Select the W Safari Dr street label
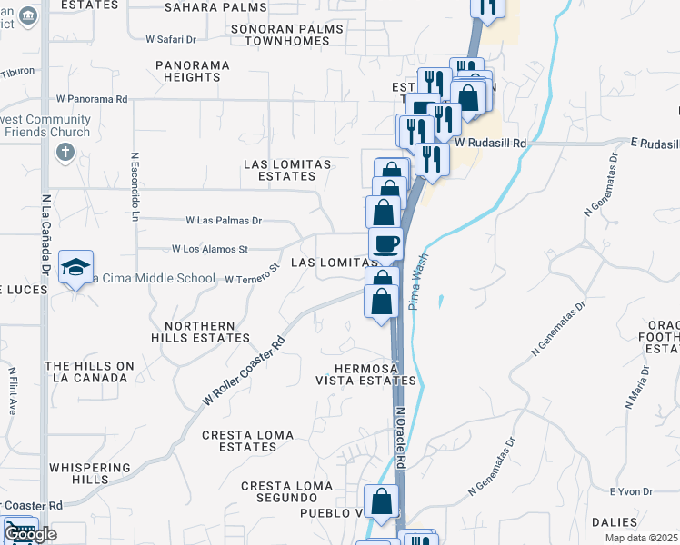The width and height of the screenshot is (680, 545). click(171, 40)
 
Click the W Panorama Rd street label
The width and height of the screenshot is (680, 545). click(91, 98)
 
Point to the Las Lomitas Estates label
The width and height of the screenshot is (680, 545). click(286, 170)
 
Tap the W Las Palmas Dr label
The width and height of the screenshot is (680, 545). click(224, 221)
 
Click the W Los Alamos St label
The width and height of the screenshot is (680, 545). click(210, 249)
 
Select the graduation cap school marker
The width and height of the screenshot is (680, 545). click(76, 266)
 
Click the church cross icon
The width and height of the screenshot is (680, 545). click(65, 153)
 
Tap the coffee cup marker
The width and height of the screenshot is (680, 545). click(385, 243)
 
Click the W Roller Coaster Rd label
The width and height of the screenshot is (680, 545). click(243, 372)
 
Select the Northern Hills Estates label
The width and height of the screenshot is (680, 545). click(206, 332)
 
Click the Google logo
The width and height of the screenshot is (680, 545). click(29, 534)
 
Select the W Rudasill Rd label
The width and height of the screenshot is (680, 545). click(491, 144)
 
